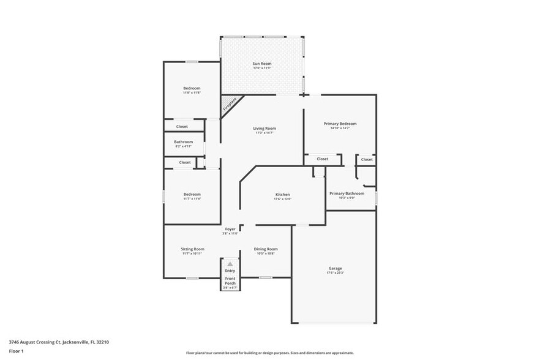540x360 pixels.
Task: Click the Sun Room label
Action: click(262, 64)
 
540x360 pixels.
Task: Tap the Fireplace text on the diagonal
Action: click(229, 105)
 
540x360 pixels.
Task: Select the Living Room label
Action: click(264, 129)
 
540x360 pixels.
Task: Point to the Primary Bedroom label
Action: click(340, 124)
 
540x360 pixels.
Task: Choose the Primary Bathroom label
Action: click(347, 193)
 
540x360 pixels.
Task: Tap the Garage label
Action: click(335, 268)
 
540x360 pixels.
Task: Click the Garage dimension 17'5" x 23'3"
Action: click(335, 273)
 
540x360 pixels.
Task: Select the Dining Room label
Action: click(266, 249)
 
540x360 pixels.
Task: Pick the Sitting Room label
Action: click(192, 249)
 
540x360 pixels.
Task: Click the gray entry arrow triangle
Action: click(230, 264)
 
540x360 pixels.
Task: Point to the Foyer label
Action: click(230, 229)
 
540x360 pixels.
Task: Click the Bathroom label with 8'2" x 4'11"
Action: click(183, 142)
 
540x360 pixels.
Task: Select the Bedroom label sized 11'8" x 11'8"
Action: click(192, 88)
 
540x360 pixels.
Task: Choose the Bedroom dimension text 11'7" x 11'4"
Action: click(192, 199)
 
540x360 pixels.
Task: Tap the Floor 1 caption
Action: click(17, 351)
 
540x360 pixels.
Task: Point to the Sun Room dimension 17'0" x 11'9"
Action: click(262, 69)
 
